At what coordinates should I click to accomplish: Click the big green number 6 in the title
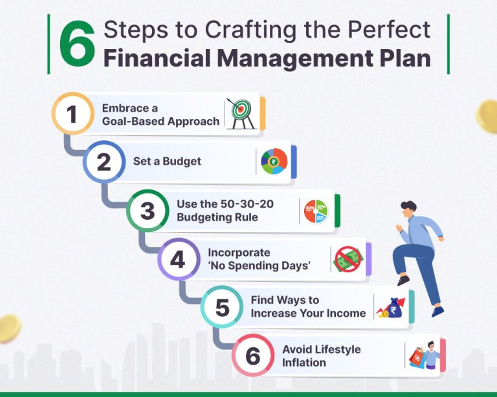(78, 44)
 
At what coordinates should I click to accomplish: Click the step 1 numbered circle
(73, 113)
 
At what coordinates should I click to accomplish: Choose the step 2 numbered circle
(104, 162)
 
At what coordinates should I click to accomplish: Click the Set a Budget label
(167, 161)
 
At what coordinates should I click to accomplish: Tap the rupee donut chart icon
(274, 162)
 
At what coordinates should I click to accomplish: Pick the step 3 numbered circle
(148, 211)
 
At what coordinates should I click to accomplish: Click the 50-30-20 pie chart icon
(316, 211)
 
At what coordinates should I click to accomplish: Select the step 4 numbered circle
(179, 259)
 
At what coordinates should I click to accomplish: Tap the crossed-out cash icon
(348, 259)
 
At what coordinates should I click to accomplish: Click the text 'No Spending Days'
(260, 265)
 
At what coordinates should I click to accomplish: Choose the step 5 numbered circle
(222, 306)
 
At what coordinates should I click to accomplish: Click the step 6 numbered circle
(253, 355)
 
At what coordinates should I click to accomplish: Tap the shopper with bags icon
(424, 355)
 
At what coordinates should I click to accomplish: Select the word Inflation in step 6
(304, 363)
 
